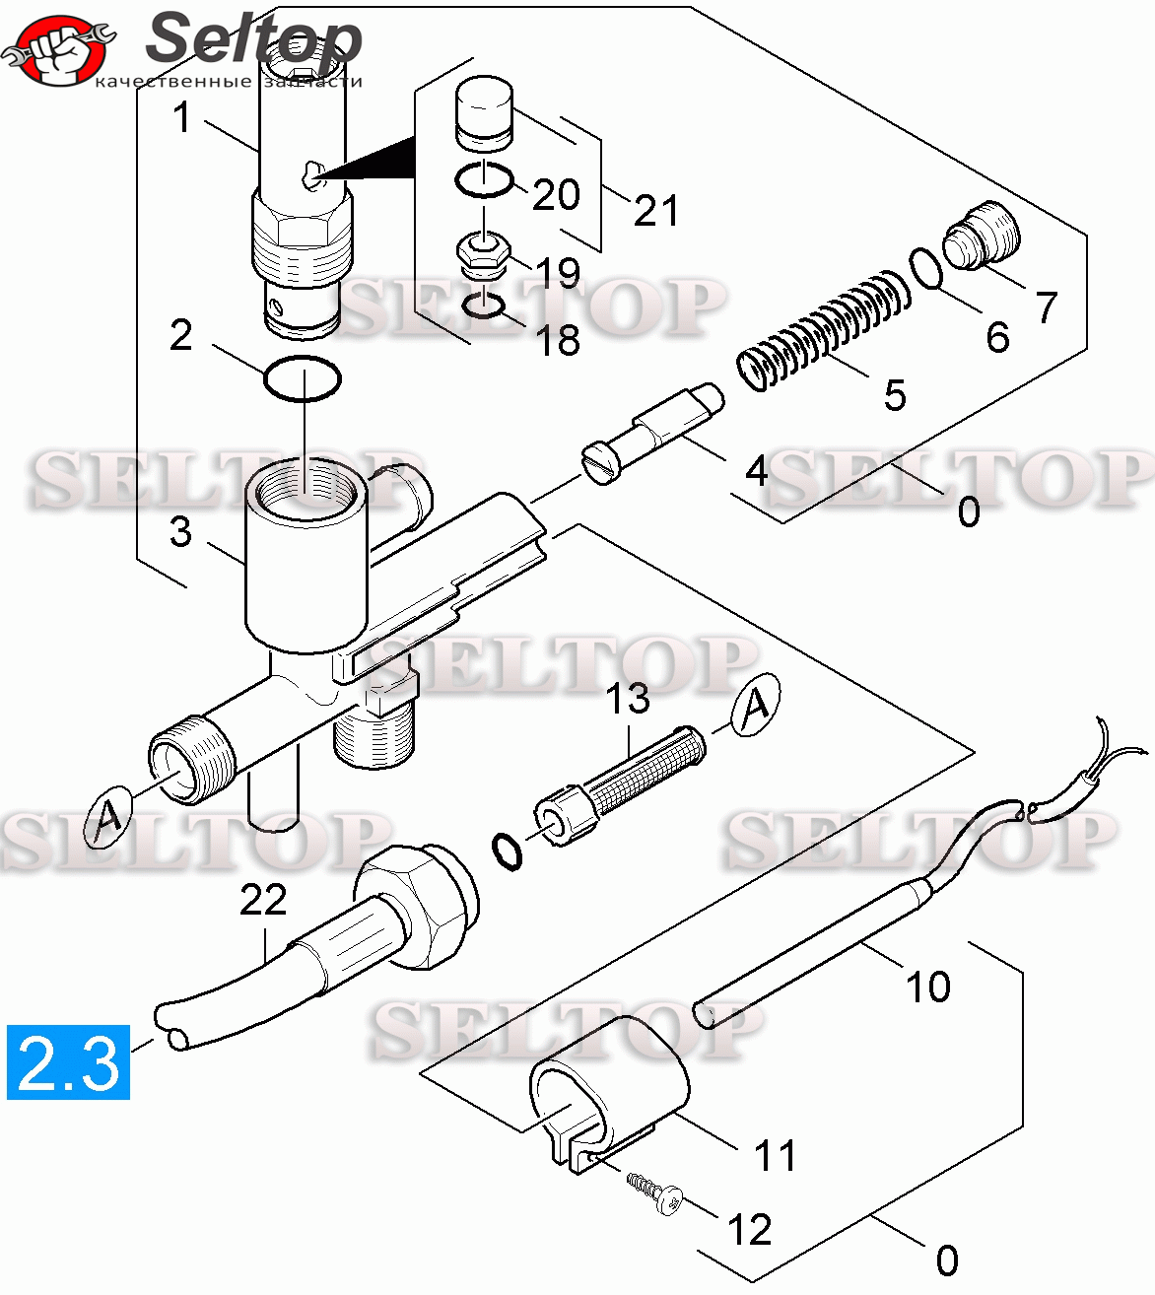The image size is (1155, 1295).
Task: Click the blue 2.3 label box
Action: (x=68, y=1061)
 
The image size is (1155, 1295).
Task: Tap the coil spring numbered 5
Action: (x=823, y=329)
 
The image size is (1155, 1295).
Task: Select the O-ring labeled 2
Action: (x=303, y=378)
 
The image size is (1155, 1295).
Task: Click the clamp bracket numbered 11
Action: (x=607, y=1090)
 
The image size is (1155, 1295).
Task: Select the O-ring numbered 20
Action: (x=484, y=180)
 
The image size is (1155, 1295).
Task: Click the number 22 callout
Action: (x=263, y=900)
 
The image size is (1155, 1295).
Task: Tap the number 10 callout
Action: (x=927, y=986)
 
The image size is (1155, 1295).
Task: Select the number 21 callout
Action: (x=656, y=210)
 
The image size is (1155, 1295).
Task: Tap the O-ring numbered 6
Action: (x=926, y=269)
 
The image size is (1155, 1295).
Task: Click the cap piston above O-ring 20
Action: (x=485, y=113)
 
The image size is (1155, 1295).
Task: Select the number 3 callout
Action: (x=180, y=531)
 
